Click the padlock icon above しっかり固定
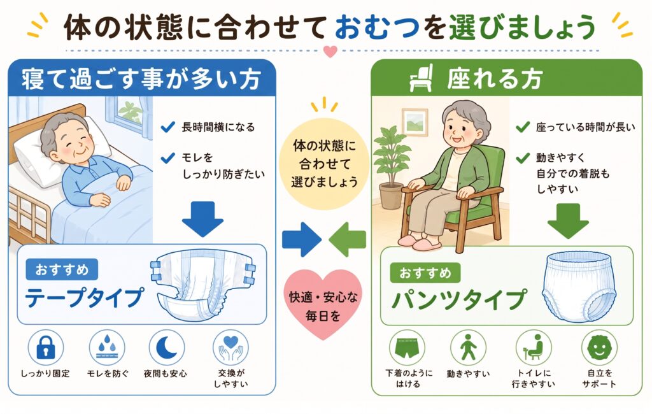click(46, 347)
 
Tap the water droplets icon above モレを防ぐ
click(107, 347)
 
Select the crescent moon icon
click(167, 347)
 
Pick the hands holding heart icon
click(230, 348)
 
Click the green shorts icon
click(407, 348)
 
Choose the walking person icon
click(469, 348)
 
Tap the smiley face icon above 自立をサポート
click(599, 348)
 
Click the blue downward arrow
click(202, 219)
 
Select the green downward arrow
click(567, 220)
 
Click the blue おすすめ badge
click(62, 269)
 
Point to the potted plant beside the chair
click(390, 168)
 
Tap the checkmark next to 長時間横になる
click(167, 127)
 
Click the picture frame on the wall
click(415, 122)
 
